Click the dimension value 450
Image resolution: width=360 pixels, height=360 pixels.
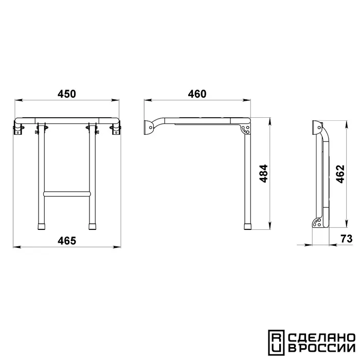pos(66,94)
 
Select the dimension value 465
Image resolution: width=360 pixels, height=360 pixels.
pos(66,241)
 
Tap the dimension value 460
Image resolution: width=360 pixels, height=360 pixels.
pos(197,94)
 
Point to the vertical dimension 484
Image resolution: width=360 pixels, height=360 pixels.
pos(263,173)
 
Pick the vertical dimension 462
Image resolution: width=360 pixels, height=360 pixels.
pos(340,174)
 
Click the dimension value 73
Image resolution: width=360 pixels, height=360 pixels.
pos(347,239)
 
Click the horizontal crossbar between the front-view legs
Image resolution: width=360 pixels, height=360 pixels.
pos(67,193)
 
